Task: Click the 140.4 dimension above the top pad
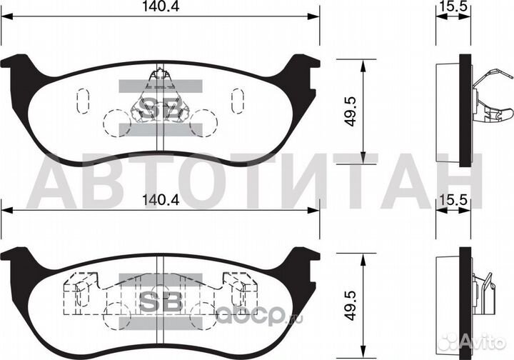pos(161,6)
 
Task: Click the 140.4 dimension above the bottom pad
pos(161,200)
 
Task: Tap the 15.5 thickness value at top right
pos(453,6)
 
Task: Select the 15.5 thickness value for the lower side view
pos(453,200)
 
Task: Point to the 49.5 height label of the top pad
pos(351,111)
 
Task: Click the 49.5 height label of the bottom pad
pos(351,305)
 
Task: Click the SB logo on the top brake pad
pos(161,108)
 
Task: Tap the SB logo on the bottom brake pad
pos(161,301)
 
